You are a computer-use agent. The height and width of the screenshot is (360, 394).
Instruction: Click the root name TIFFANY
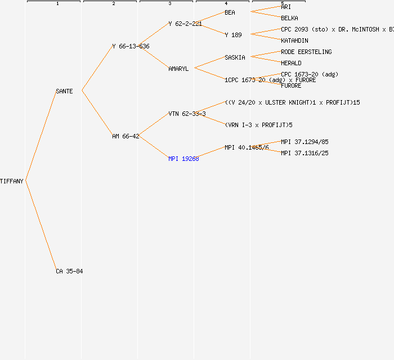tap(12, 181)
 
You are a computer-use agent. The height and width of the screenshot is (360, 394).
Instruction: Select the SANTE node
tap(64, 91)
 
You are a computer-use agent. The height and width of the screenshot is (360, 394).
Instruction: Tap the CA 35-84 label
tap(69, 271)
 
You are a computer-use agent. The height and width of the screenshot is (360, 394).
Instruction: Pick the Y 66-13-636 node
tap(131, 46)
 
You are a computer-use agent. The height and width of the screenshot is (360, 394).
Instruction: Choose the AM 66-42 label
tap(126, 136)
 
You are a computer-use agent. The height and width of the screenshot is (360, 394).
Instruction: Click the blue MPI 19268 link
tap(183, 159)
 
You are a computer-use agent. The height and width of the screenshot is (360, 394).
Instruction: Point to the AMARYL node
tap(178, 69)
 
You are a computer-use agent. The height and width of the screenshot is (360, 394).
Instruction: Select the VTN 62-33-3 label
tap(187, 114)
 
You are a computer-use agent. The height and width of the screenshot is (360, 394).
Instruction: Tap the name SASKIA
tap(235, 57)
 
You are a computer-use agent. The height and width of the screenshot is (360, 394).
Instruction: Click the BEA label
tap(230, 12)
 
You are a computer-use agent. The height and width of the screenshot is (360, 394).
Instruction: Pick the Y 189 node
tap(233, 35)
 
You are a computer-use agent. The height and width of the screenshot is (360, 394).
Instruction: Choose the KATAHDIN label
tap(294, 40)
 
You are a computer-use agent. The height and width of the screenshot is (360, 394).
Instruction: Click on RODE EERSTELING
tap(306, 52)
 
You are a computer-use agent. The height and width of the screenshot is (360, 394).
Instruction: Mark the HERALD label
tap(291, 63)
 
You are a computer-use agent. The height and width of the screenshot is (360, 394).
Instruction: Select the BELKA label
tap(289, 18)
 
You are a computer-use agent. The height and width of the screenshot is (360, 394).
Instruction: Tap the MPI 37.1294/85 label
tap(305, 142)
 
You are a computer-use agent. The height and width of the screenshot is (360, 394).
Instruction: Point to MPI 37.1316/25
tap(305, 153)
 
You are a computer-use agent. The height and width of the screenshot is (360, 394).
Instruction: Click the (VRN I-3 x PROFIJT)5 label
tap(258, 125)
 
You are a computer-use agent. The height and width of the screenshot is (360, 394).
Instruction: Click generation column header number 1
tap(57, 4)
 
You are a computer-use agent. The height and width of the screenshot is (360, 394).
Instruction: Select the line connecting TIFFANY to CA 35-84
tap(41, 225)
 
